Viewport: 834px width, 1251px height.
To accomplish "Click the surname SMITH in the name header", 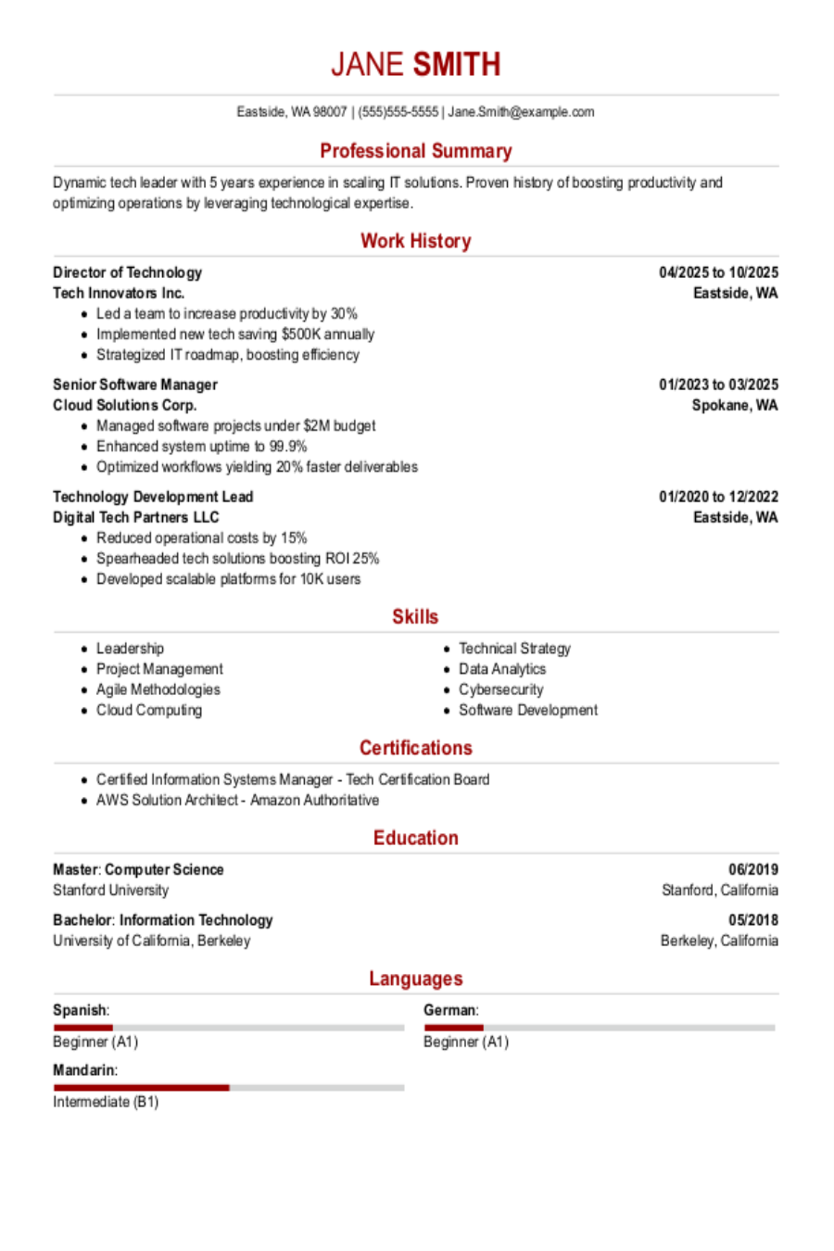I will (456, 65).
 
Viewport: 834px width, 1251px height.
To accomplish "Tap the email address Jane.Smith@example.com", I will (521, 112).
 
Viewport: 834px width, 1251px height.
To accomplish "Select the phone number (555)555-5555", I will (398, 112).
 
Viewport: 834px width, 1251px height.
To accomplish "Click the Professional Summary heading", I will (416, 151).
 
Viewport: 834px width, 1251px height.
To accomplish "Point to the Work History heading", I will (416, 241).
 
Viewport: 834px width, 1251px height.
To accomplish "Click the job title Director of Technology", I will (127, 272).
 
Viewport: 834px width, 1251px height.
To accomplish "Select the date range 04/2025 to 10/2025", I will (718, 272).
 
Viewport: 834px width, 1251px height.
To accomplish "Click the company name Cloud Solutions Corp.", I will (124, 405).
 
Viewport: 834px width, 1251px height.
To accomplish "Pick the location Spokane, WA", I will (735, 405).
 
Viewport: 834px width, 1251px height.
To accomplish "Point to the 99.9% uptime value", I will (288, 447).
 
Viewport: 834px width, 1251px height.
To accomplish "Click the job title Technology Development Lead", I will (153, 497).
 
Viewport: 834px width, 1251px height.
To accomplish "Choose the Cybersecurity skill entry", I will (500, 689).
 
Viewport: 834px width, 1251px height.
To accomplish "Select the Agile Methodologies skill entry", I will (158, 689).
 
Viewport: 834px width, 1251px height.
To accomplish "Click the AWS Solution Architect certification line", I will (237, 800).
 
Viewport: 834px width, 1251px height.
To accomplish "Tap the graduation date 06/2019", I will (752, 869).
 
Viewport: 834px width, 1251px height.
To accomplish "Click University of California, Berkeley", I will (151, 941).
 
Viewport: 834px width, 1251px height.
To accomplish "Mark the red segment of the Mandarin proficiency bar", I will (141, 1087).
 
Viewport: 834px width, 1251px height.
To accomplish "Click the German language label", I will (450, 1010).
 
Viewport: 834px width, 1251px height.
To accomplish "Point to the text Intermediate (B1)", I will (106, 1102).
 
